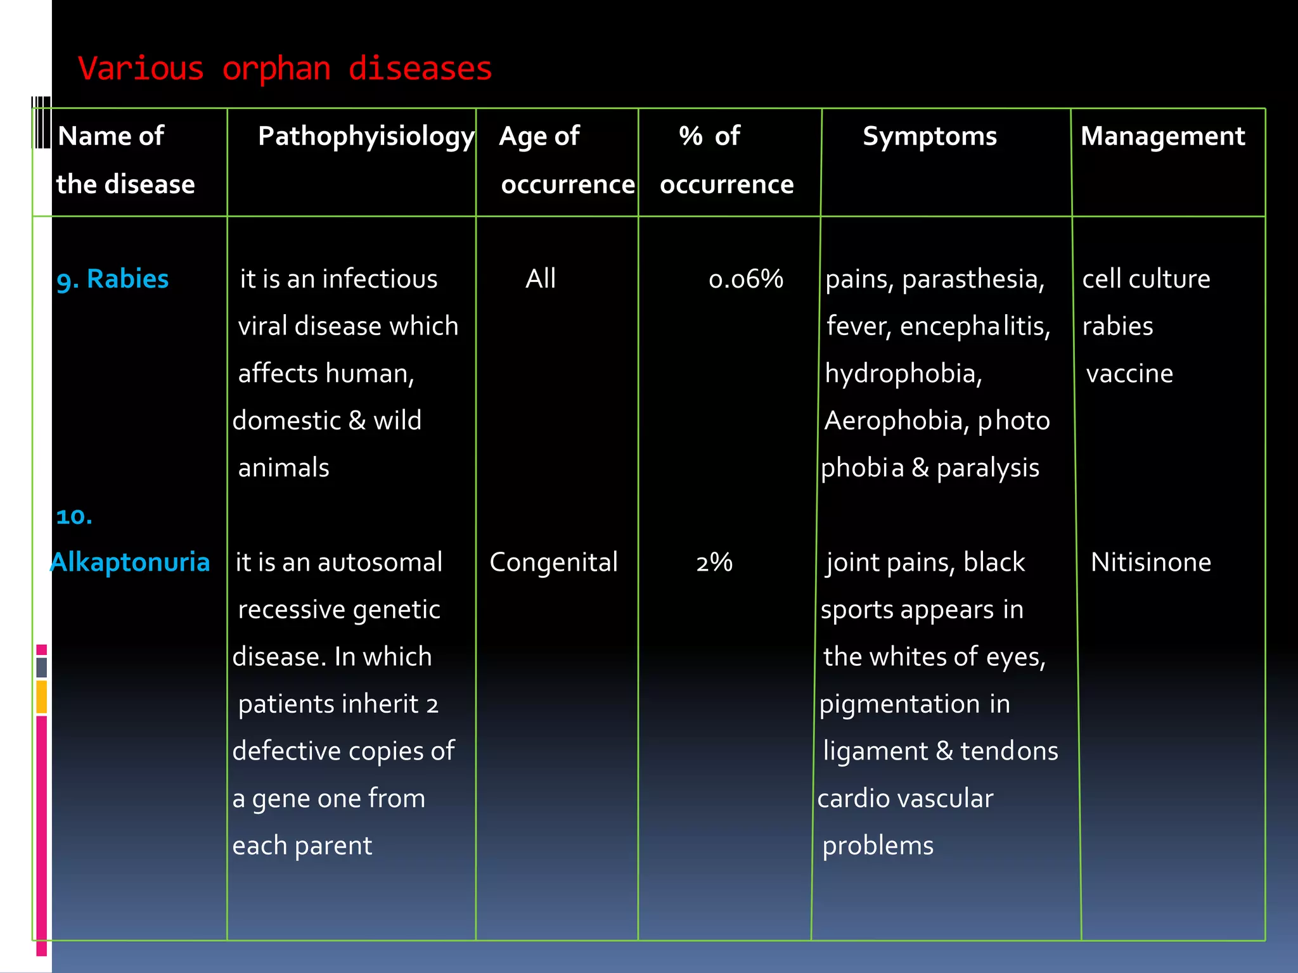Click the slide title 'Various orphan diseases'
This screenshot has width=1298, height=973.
(x=285, y=68)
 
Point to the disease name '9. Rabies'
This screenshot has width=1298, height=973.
(x=113, y=279)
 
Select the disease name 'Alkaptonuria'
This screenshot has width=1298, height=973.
(x=130, y=563)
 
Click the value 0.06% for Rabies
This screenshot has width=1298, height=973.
(x=745, y=279)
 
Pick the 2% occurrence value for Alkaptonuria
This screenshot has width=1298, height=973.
(x=714, y=563)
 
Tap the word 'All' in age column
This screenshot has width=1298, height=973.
(x=541, y=279)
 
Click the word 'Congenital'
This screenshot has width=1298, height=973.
(x=553, y=563)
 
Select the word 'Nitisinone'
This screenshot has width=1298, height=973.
(x=1150, y=563)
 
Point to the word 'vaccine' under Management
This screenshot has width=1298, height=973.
(x=1129, y=374)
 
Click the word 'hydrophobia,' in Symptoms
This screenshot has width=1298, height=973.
(x=903, y=374)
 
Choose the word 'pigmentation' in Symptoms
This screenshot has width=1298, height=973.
(x=899, y=704)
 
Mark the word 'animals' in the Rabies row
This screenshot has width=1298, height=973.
(x=283, y=468)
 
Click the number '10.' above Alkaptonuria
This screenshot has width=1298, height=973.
(x=74, y=516)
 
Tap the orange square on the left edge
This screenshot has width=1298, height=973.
(x=42, y=696)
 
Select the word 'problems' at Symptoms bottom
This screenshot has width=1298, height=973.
(x=878, y=846)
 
